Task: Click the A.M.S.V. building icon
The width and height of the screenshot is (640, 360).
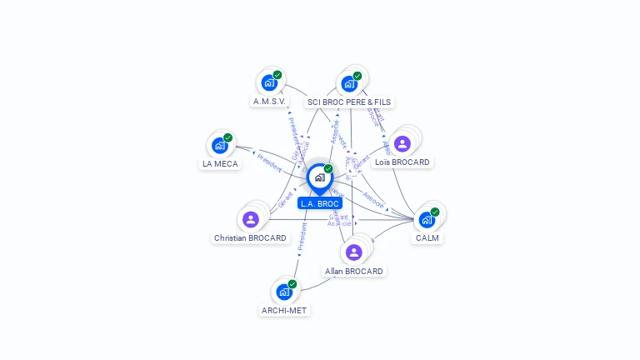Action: pyautogui.click(x=268, y=82)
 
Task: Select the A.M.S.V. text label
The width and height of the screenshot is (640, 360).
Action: pyautogui.click(x=270, y=102)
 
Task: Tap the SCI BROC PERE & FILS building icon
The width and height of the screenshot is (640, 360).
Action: pyautogui.click(x=348, y=83)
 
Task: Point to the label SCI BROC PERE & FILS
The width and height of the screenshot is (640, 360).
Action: pyautogui.click(x=348, y=102)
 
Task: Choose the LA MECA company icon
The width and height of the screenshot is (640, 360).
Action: pyautogui.click(x=219, y=145)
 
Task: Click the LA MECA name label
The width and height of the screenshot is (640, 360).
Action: pyautogui.click(x=220, y=163)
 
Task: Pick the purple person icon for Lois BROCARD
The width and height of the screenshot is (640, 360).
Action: pyautogui.click(x=402, y=143)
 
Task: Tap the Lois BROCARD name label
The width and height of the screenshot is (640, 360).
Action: pyautogui.click(x=402, y=162)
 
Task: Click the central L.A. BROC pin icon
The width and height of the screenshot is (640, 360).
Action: pyautogui.click(x=319, y=177)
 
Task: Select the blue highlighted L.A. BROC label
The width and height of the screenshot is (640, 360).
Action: pyautogui.click(x=320, y=203)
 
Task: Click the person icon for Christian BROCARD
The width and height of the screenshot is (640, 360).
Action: pyautogui.click(x=250, y=219)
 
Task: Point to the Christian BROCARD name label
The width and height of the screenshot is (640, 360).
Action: pyautogui.click(x=250, y=237)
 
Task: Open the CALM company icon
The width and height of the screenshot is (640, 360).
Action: pyautogui.click(x=427, y=219)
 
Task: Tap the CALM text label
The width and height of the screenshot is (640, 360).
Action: pyautogui.click(x=427, y=237)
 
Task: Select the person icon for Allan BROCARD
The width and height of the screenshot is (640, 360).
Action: pyautogui.click(x=354, y=252)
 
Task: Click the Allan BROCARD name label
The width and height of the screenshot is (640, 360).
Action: pyautogui.click(x=354, y=271)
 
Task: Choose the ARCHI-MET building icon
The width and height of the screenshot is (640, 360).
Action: pyautogui.click(x=283, y=292)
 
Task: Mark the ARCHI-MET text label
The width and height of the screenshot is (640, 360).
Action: pyautogui.click(x=284, y=310)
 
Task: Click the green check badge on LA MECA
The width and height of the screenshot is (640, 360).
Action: pyautogui.click(x=227, y=138)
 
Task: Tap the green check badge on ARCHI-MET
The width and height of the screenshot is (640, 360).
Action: pyautogui.click(x=292, y=284)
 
